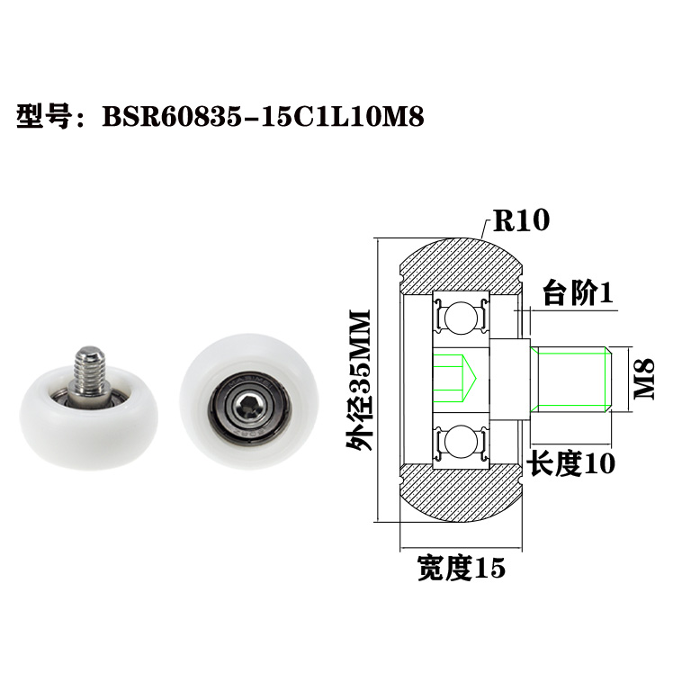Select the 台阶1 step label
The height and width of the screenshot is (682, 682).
577,293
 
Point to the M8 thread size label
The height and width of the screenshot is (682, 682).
644,379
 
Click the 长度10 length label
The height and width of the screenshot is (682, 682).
570,463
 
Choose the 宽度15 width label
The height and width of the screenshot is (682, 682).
461,568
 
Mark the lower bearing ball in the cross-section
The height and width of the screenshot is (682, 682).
461,443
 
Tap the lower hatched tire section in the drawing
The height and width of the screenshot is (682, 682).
459,497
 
